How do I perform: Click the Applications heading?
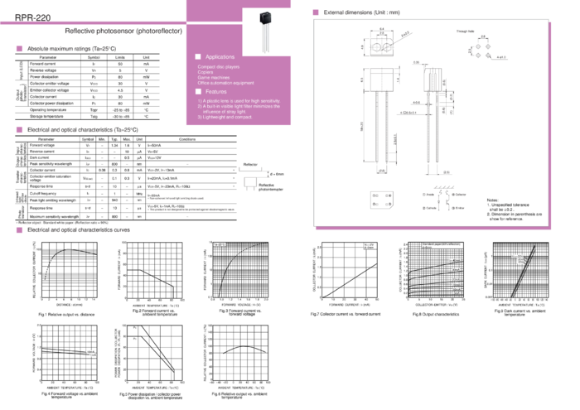[x=221, y=55]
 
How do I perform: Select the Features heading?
[x=217, y=91]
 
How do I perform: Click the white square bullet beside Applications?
[x=197, y=55]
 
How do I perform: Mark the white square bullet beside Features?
[x=197, y=91]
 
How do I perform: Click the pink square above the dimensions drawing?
[x=315, y=12]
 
